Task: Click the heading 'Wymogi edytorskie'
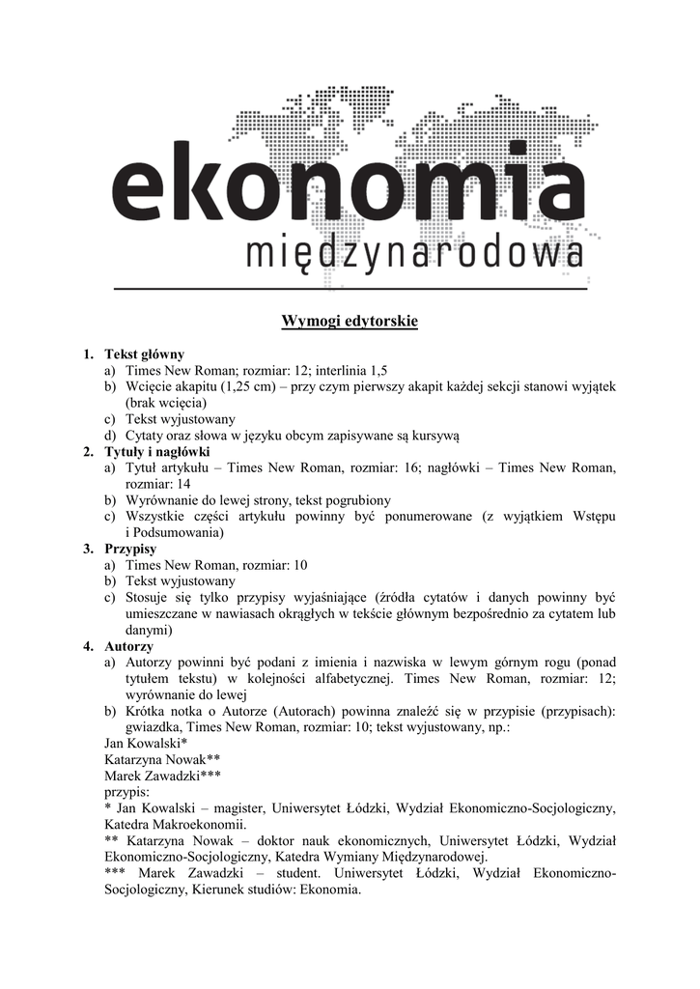coord(350,321)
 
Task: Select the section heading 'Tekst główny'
coord(144,354)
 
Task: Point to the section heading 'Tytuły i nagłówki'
coord(157,452)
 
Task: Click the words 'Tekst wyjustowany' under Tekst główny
coord(181,419)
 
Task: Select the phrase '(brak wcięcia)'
coord(166,403)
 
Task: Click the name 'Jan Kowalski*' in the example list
coord(144,743)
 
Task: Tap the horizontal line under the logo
coord(350,289)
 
